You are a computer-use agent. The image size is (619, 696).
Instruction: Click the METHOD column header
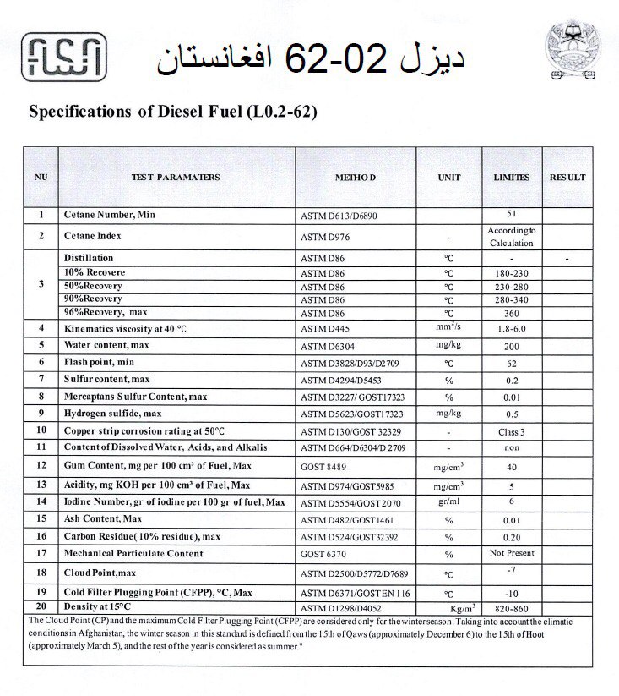tap(355, 178)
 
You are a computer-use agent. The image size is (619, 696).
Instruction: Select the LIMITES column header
tap(511, 178)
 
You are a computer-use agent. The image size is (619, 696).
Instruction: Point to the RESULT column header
tap(567, 178)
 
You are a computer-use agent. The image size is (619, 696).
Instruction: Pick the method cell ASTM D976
tap(325, 237)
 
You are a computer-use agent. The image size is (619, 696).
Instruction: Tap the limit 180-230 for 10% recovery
tap(511, 273)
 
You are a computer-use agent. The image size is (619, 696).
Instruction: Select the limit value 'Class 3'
tap(511, 430)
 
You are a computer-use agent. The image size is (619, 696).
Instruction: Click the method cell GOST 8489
tap(323, 465)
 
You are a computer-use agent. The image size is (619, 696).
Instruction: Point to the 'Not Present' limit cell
tap(511, 552)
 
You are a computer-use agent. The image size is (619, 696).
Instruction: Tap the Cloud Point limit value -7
tap(511, 570)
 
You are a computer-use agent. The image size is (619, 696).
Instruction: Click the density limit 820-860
tap(511, 608)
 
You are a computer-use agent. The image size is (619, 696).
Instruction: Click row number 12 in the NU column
tap(41, 465)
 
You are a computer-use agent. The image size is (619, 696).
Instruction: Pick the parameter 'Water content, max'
tap(106, 345)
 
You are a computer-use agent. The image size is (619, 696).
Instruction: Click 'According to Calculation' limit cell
tap(512, 236)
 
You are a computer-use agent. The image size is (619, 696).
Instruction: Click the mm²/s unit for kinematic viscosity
tap(448, 326)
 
